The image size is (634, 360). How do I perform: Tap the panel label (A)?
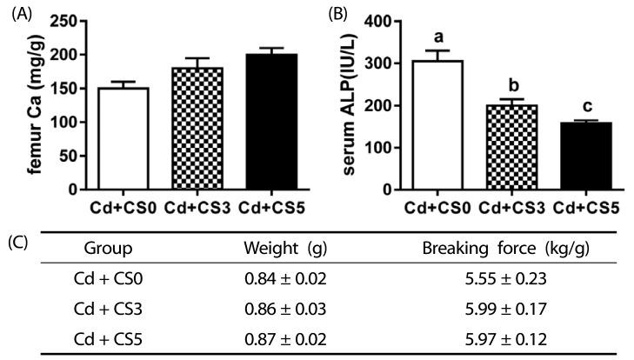17,12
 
